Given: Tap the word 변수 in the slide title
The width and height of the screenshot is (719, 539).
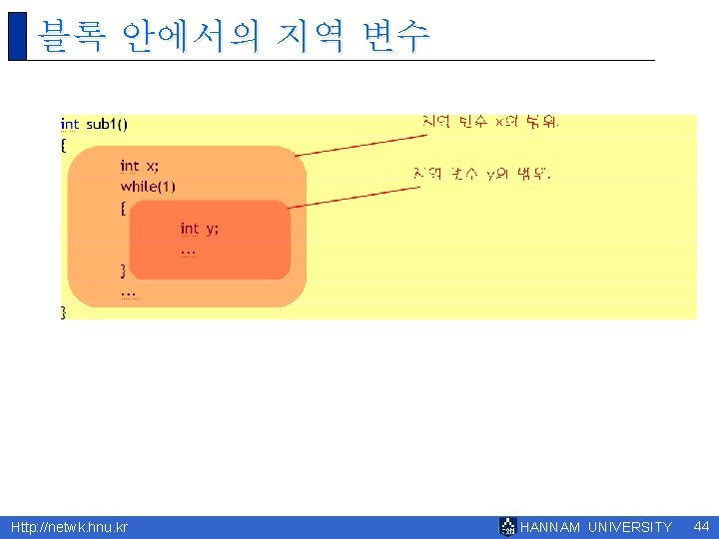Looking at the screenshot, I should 396,36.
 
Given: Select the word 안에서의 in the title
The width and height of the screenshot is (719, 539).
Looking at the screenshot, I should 191,36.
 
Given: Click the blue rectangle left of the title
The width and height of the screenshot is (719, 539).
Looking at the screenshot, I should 17,36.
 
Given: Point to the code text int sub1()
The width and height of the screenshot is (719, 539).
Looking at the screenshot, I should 94,125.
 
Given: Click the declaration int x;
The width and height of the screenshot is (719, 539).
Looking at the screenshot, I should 139,166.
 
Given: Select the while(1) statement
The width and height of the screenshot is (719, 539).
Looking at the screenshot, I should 148,187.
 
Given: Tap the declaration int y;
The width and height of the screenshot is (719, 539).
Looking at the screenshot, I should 199,229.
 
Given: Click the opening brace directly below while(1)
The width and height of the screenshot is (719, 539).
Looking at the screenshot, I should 123,208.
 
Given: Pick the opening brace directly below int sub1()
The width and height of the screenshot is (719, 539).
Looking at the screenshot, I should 64,145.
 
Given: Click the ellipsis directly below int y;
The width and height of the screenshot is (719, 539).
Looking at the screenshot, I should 188,251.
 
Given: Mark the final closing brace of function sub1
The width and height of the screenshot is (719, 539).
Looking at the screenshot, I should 64,312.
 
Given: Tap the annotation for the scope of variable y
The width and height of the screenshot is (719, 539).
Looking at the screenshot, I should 481,174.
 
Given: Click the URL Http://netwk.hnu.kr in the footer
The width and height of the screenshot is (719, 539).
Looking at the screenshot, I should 69,527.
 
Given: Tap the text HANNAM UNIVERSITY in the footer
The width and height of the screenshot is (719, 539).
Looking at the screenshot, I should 596,527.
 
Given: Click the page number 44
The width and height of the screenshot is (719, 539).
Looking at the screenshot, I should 701,526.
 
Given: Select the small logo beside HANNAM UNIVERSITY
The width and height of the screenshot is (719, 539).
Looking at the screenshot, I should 507,527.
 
